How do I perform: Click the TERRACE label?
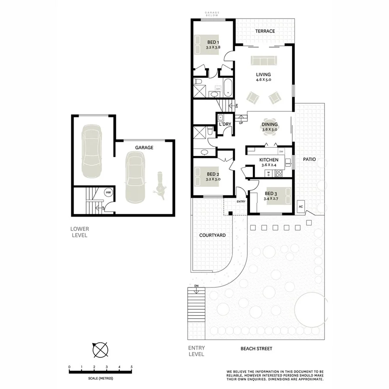click(x=265, y=31)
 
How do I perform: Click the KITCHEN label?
click(x=268, y=159)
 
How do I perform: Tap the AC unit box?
click(x=300, y=207)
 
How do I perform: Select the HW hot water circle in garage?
click(x=108, y=192)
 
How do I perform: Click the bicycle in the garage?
click(x=160, y=186)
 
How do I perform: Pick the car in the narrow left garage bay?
click(x=91, y=147)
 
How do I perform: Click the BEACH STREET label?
click(x=256, y=348)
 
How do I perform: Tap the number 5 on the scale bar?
click(x=131, y=367)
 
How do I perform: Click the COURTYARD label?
click(x=212, y=236)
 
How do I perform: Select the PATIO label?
click(x=309, y=159)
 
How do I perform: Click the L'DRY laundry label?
click(x=225, y=124)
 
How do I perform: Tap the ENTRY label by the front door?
click(x=241, y=202)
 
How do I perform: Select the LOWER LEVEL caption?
click(x=80, y=232)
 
